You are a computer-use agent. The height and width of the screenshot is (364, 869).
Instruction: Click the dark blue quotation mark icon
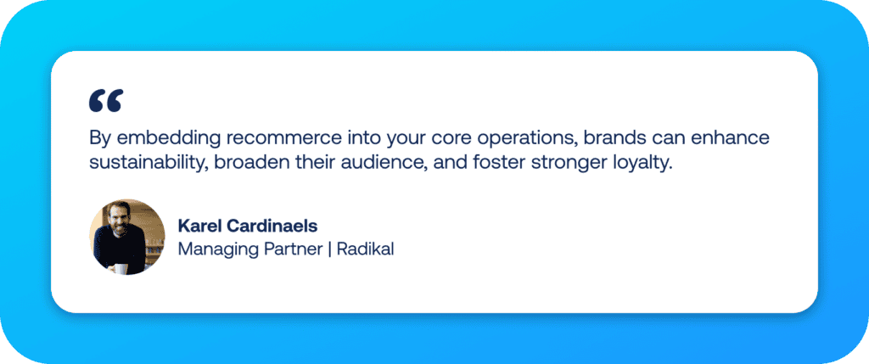click(106, 100)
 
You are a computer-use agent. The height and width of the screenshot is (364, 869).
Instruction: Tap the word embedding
click(151, 137)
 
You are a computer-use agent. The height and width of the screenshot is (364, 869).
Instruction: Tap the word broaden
click(248, 163)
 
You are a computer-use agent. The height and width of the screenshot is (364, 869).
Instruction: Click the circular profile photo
click(127, 238)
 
